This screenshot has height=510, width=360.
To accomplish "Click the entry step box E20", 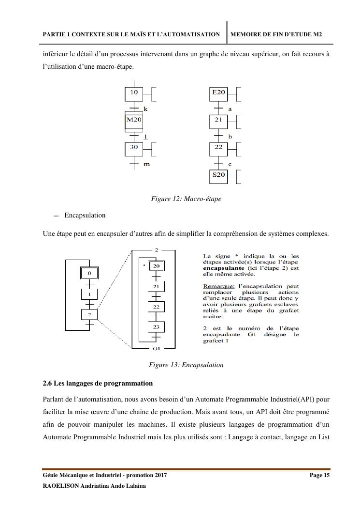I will [218, 93].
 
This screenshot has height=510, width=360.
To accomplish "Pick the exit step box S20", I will [218, 175].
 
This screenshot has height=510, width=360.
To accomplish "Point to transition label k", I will [145, 110].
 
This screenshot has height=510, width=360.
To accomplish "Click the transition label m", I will [146, 165].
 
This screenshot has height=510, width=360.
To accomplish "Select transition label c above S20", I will [230, 165].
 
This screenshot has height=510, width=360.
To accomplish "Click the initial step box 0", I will [89, 274].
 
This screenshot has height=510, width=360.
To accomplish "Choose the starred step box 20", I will [156, 266].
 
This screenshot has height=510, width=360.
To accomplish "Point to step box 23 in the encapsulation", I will [156, 327].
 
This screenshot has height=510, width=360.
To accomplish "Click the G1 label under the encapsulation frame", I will [156, 349].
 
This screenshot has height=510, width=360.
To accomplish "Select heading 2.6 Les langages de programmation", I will [98, 383].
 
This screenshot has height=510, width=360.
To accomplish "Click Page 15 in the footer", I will [319, 476].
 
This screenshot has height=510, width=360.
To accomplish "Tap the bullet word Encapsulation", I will [85, 215].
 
